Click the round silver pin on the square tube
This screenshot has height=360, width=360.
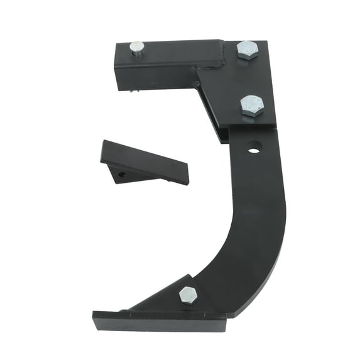point(136,48)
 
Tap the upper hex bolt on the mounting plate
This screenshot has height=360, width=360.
point(247,50)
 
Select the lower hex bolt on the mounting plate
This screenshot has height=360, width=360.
point(251,105)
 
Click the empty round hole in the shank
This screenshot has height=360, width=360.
point(254,150)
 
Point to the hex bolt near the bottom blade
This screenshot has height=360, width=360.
point(188,294)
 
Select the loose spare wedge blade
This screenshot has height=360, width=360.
point(145,164)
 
